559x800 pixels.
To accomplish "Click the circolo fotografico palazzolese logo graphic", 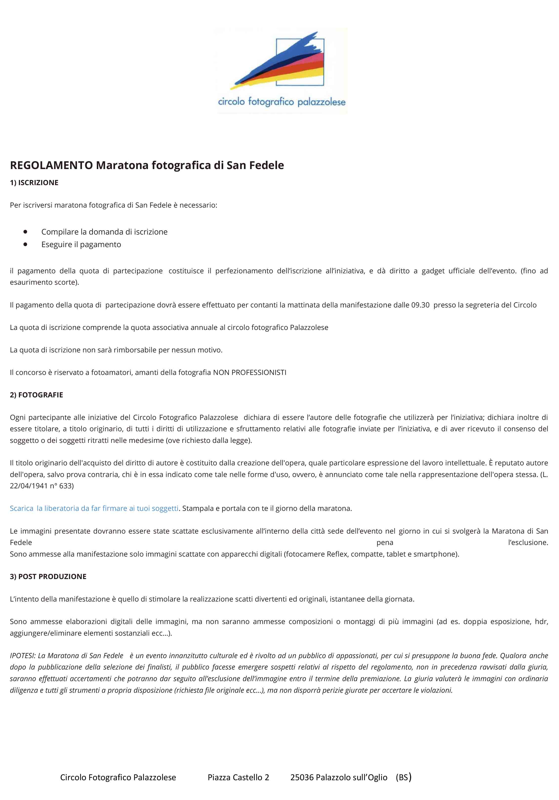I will tap(281, 70).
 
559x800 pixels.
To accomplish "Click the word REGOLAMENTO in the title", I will tap(51, 165).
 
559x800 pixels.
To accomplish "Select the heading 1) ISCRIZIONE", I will tap(34, 183).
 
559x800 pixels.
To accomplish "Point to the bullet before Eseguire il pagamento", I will tap(25, 244).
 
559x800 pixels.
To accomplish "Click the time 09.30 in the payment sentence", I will tap(420, 305).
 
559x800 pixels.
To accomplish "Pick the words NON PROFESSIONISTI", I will tap(250, 372).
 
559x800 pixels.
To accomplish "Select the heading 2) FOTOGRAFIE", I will tap(37, 395).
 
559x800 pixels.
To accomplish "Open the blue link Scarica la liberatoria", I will tap(94, 508).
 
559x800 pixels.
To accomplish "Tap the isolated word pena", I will tap(385, 542).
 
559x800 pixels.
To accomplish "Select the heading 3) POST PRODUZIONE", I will tap(48, 577).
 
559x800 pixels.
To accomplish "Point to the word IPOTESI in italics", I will tap(22, 656).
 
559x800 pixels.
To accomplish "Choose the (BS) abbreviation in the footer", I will tap(403, 777).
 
